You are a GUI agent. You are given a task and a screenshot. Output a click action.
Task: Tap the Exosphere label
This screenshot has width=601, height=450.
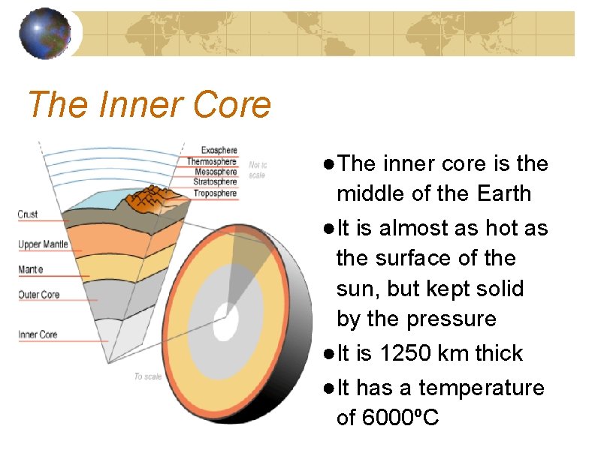tap(219, 151)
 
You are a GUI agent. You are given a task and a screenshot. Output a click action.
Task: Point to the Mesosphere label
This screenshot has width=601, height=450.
tap(216, 172)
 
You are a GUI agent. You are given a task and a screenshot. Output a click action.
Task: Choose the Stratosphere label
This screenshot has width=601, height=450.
tap(216, 182)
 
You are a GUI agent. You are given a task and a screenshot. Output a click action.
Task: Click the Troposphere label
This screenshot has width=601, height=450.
tap(216, 193)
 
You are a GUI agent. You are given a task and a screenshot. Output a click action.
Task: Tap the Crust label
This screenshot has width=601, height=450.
tap(28, 214)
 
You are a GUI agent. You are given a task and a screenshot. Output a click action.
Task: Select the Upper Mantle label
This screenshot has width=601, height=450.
tap(43, 244)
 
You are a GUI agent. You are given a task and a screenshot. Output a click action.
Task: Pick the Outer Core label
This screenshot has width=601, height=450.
tap(39, 295)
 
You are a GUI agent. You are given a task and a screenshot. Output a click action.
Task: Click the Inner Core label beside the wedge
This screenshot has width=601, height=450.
tap(38, 334)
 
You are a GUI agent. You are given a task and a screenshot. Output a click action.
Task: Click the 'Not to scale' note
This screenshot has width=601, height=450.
tap(258, 169)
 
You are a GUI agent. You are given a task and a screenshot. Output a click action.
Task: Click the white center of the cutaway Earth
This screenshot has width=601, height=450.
tap(226, 321)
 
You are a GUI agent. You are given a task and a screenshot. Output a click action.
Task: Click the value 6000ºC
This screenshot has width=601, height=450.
tap(400, 418)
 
